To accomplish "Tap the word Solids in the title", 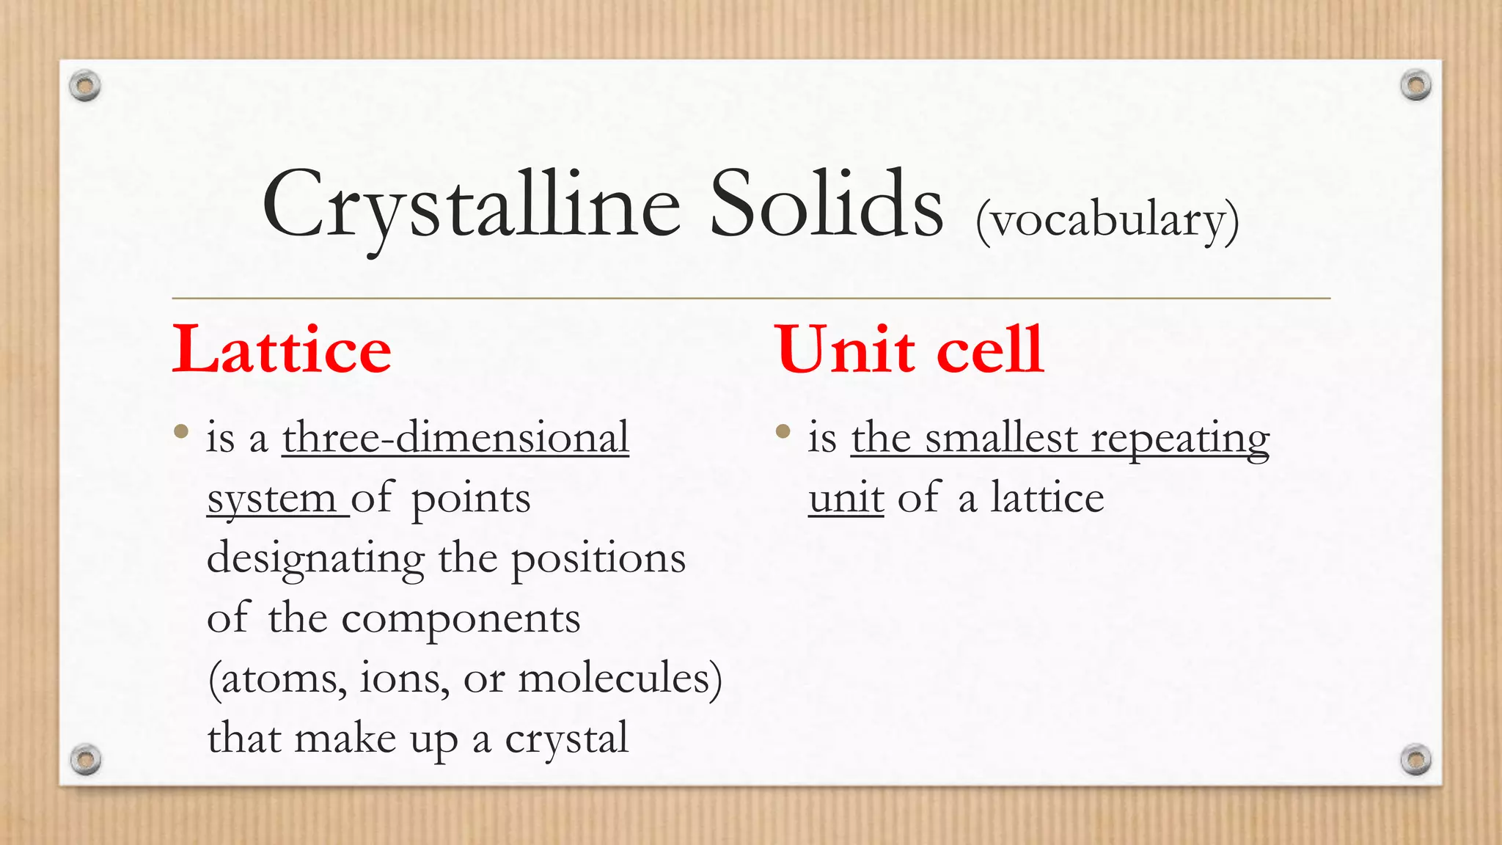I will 826,205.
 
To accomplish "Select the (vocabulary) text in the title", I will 1107,220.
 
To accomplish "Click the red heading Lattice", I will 282,351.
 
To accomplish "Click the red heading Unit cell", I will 909,351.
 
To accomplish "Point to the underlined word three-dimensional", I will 455,438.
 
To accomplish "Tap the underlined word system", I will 271,500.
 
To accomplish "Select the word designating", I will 315,559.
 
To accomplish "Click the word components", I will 461,619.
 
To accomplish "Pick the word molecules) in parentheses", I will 620,678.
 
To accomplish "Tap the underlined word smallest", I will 1002,439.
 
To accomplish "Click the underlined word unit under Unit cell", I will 846,499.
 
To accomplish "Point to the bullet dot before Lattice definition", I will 181,431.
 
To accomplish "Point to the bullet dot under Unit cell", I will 783,431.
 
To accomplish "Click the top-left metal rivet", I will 85,86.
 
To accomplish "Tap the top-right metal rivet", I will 1415,85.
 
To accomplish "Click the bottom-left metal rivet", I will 85,759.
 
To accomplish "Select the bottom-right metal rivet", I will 1415,759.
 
